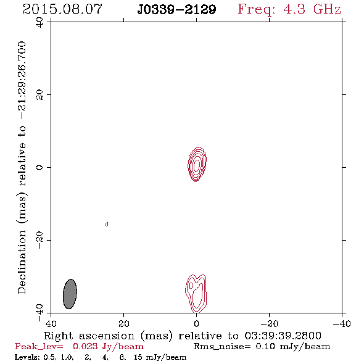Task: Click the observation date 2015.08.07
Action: pyautogui.click(x=62, y=9)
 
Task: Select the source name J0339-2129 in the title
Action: pyautogui.click(x=176, y=9)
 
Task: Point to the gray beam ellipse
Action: pyautogui.click(x=70, y=294)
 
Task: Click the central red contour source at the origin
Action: pyautogui.click(x=197, y=164)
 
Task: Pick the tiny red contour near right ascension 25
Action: pyautogui.click(x=107, y=224)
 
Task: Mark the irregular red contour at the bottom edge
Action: pyautogui.click(x=196, y=294)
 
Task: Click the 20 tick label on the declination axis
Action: pyautogui.click(x=39, y=95)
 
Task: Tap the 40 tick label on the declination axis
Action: pyautogui.click(x=39, y=22)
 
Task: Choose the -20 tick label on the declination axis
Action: pyautogui.click(x=39, y=240)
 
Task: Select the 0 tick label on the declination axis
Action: pyautogui.click(x=39, y=167)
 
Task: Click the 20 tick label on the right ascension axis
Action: pyautogui.click(x=124, y=323)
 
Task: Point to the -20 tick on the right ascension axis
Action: pyautogui.click(x=269, y=323)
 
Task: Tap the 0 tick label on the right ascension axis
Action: pyautogui.click(x=196, y=323)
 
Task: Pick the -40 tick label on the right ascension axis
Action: pyautogui.click(x=342, y=323)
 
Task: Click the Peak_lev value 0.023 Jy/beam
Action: pyautogui.click(x=109, y=346)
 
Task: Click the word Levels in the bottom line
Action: pyautogui.click(x=27, y=357)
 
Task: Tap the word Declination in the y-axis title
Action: pyautogui.click(x=22, y=262)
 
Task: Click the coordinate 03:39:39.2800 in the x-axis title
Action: pyautogui.click(x=283, y=336)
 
